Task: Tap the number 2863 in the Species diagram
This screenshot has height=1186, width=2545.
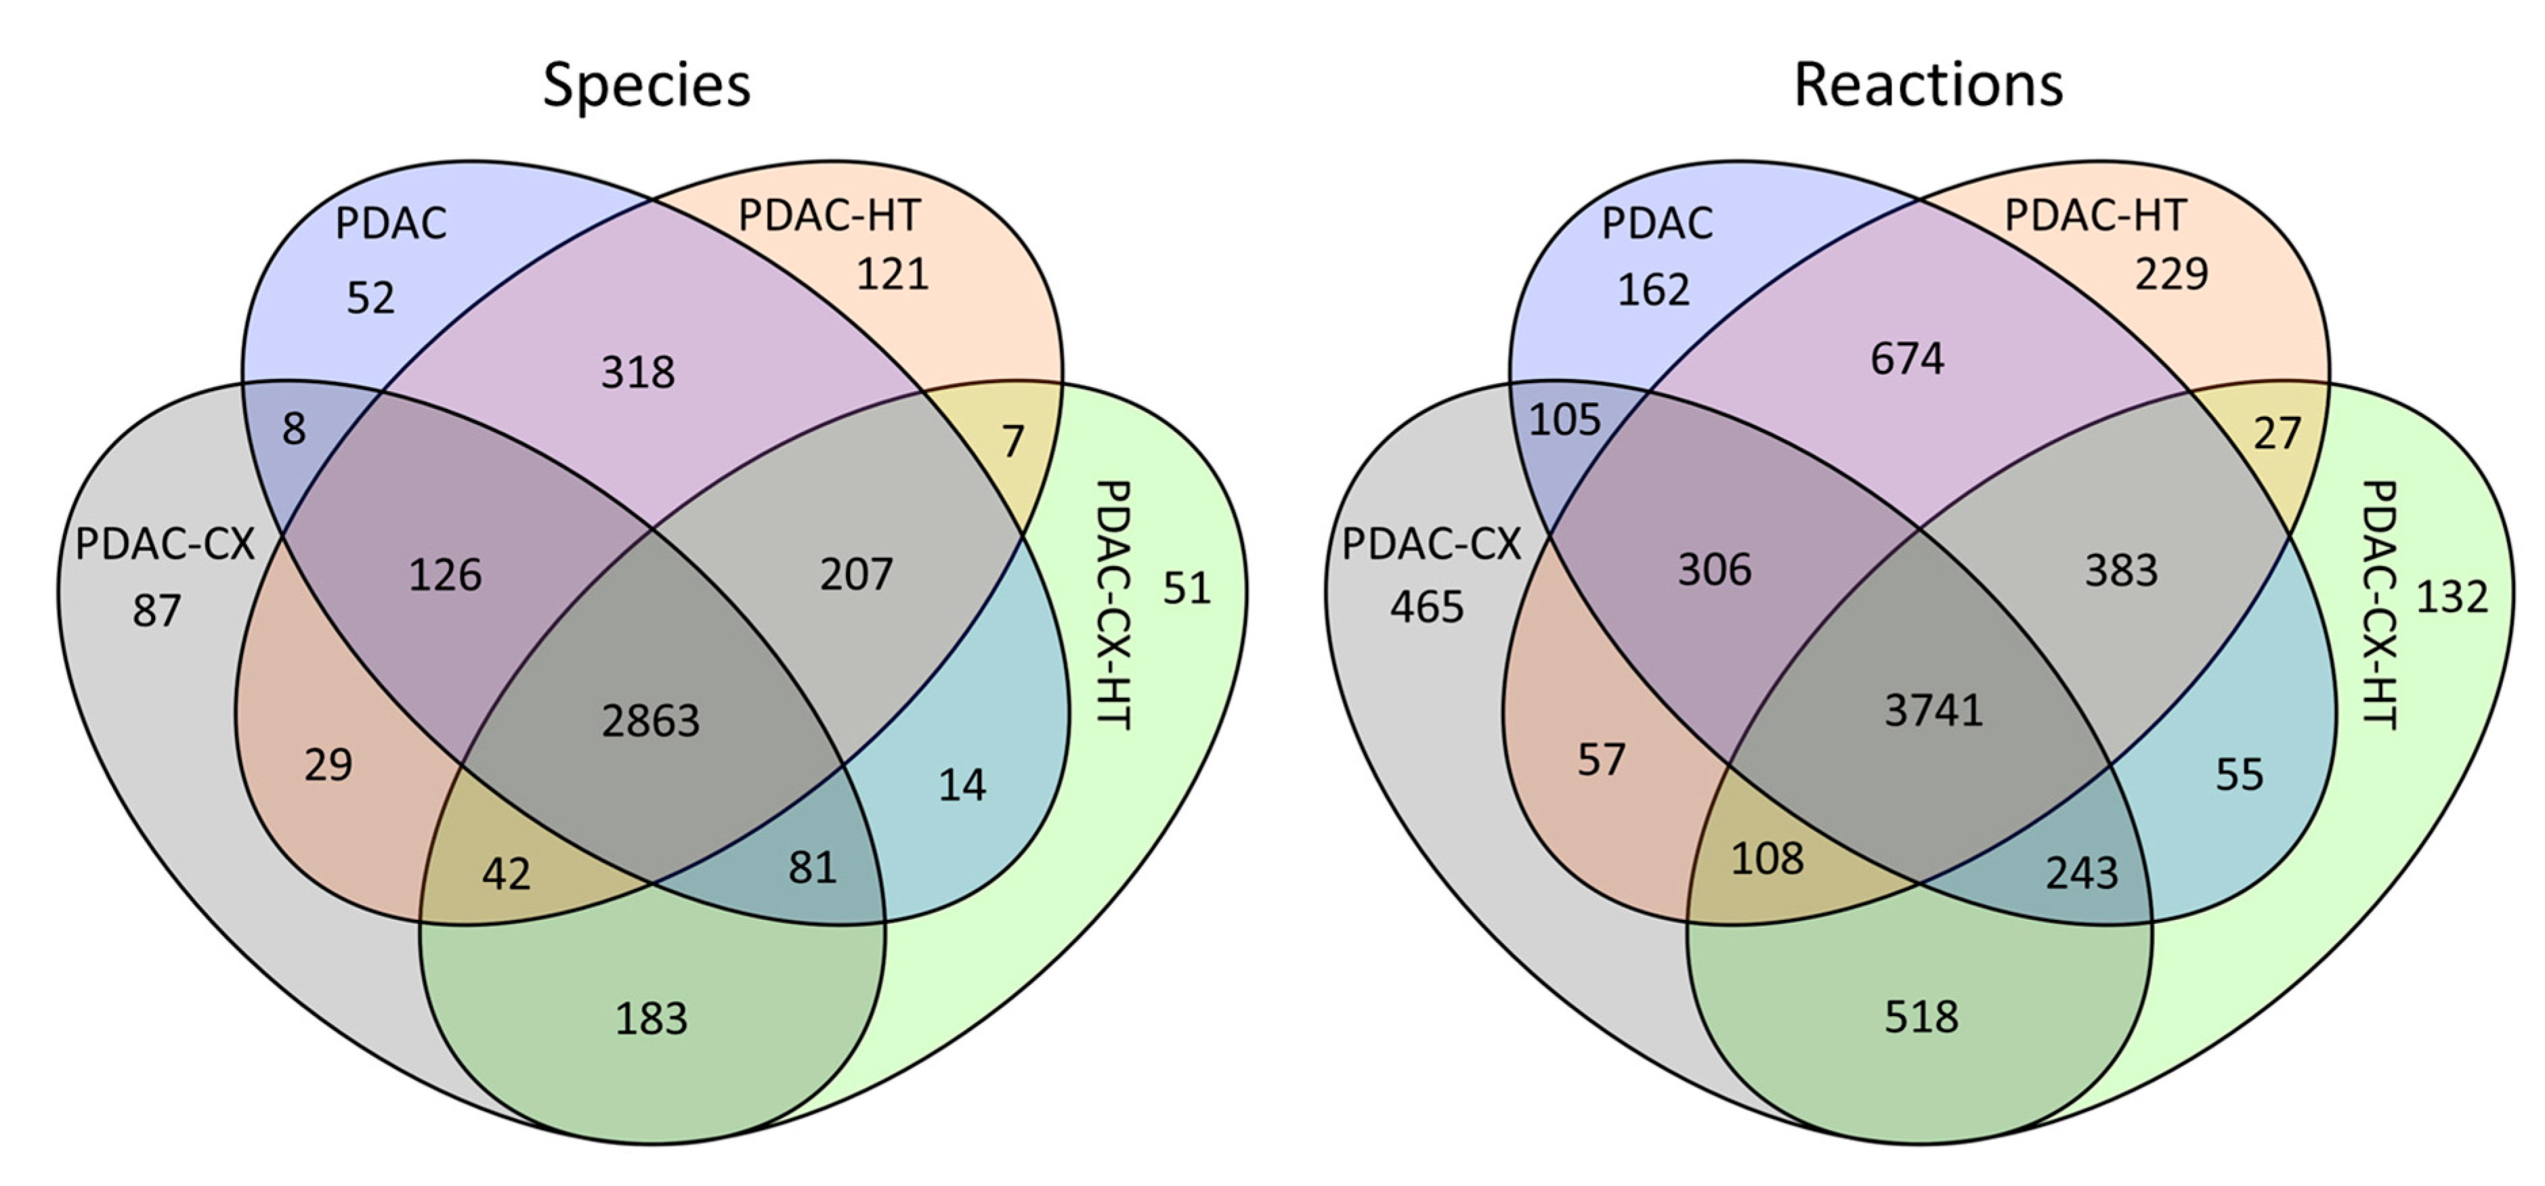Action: (x=651, y=721)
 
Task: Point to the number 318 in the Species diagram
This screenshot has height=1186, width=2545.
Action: (x=638, y=372)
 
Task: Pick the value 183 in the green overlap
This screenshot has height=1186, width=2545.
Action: (x=651, y=1018)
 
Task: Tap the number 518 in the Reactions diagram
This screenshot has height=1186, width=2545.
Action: (x=1921, y=1016)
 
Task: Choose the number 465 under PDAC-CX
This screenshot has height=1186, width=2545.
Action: (x=1427, y=607)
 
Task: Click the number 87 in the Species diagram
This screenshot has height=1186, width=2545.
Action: (x=157, y=611)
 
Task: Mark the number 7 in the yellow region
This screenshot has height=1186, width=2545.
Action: (x=1012, y=441)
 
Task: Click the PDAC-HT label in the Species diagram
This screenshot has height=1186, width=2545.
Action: (x=829, y=215)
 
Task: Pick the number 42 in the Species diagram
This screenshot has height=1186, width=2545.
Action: (x=506, y=874)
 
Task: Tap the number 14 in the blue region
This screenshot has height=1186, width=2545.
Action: (x=961, y=785)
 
